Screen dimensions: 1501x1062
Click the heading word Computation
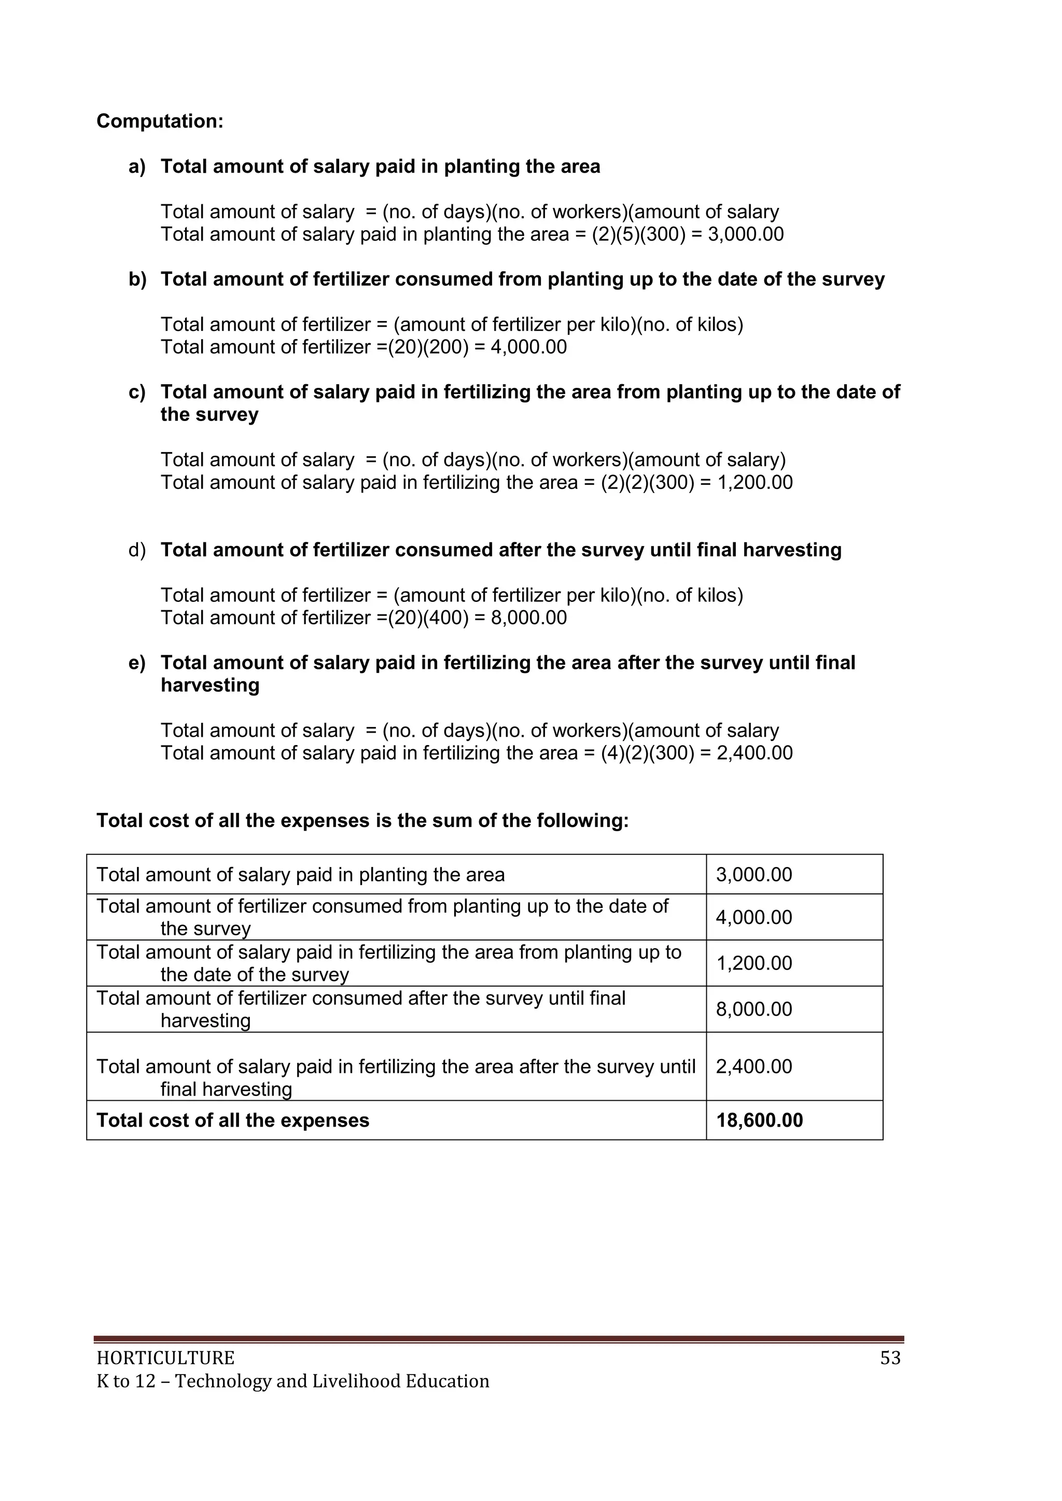160,122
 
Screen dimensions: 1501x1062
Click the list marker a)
137,167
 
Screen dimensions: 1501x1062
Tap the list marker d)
137,551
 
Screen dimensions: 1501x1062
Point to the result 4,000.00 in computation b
528,347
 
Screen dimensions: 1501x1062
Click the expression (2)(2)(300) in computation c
647,483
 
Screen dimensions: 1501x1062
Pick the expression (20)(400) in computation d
428,618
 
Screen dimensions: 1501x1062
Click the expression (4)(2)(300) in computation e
647,753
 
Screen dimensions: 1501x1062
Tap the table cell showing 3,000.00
754,875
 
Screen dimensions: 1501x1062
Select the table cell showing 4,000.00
754,918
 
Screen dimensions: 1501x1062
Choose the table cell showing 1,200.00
754,964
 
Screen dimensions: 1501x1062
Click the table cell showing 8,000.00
754,1009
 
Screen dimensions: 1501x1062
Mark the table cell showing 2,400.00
754,1067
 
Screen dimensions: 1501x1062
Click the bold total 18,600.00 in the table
759,1120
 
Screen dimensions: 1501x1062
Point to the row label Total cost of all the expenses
233,1120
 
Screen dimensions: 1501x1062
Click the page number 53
890,1358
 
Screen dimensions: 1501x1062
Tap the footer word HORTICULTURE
165,1358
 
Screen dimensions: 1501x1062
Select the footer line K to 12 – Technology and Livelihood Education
293,1381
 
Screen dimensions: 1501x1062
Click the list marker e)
137,663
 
